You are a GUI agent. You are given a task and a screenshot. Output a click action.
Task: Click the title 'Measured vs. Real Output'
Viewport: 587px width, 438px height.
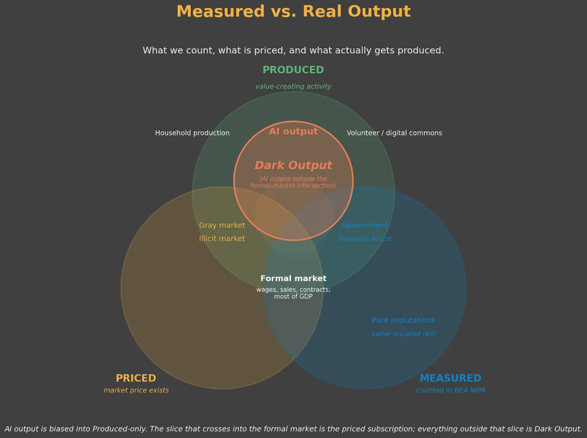tap(293, 11)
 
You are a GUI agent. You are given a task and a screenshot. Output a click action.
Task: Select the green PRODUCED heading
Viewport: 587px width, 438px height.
tap(293, 70)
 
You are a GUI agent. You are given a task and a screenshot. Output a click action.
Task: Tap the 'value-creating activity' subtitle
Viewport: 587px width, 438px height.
tap(293, 86)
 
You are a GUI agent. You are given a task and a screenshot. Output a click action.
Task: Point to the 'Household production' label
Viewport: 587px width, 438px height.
tap(193, 133)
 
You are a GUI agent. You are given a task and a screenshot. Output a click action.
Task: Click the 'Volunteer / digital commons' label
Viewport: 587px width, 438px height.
tap(394, 133)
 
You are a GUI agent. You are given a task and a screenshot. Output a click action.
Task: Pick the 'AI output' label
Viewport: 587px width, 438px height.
tap(293, 131)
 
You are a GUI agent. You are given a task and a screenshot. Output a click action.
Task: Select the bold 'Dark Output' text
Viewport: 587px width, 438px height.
tap(293, 166)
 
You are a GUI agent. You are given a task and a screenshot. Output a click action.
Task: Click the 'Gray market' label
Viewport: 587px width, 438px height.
tap(222, 225)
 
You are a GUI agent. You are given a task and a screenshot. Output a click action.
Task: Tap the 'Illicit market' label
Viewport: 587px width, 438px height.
tap(222, 239)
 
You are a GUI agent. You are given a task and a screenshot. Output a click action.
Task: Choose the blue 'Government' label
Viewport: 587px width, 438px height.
tap(365, 225)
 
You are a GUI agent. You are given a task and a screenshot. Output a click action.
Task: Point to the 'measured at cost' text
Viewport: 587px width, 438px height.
tap(365, 239)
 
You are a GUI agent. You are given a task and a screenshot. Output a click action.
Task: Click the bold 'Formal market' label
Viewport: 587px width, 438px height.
tap(293, 279)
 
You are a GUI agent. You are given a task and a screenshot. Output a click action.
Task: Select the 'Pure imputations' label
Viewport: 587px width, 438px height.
tap(403, 320)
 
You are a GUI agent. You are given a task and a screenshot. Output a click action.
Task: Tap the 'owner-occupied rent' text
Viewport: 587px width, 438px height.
tap(403, 334)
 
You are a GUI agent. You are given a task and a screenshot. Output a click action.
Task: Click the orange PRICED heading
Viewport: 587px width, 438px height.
tap(136, 378)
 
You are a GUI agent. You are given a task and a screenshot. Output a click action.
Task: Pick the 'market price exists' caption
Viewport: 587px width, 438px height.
tap(136, 390)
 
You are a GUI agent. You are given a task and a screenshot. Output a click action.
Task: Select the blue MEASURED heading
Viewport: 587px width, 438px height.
tap(451, 378)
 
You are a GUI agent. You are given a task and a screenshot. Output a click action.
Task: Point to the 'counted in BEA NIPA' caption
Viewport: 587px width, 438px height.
tap(451, 390)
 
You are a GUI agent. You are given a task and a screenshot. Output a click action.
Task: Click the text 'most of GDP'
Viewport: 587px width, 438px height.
tap(293, 297)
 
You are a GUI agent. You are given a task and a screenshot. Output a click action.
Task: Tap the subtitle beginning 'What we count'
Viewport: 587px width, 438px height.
tap(293, 51)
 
